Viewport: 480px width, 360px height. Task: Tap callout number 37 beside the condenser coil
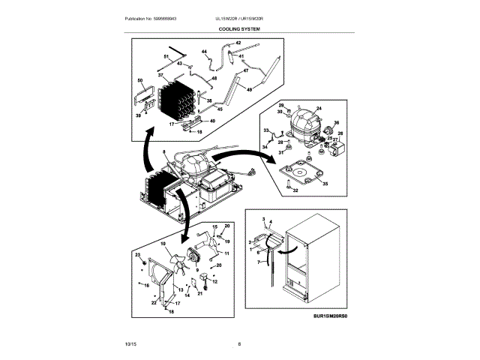(x=160, y=76)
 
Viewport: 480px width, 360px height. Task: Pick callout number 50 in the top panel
(x=139, y=80)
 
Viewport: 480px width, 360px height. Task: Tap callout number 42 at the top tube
(x=238, y=43)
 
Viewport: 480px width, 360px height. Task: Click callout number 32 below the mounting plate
(x=295, y=191)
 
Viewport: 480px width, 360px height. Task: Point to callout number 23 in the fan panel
(x=137, y=256)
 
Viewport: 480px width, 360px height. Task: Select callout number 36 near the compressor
(x=337, y=124)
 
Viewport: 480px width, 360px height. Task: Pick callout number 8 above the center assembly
(x=154, y=153)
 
